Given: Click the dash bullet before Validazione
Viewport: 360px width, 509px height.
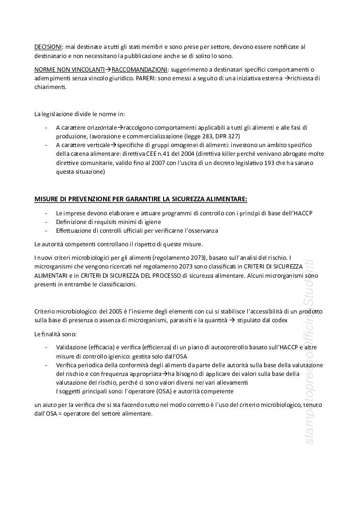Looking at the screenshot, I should point(45,347).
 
